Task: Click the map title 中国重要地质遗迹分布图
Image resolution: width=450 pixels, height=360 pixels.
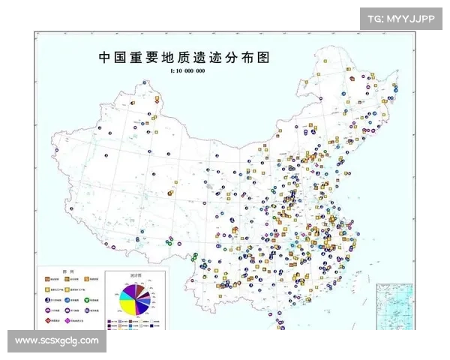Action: [184, 57]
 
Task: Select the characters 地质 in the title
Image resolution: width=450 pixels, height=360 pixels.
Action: [184, 57]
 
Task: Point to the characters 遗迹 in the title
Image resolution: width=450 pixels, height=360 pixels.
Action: [219, 57]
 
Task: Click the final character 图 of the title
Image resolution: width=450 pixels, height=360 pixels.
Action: [262, 57]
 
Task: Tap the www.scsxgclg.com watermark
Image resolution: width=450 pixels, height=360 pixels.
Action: [57, 341]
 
